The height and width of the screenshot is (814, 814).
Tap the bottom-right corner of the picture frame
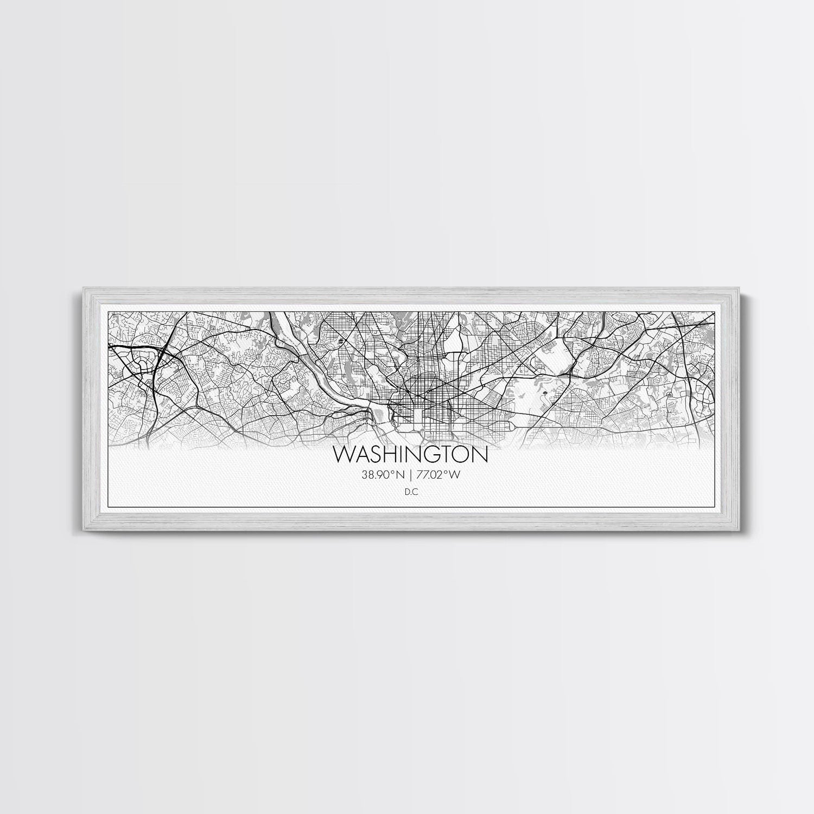(x=735, y=530)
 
